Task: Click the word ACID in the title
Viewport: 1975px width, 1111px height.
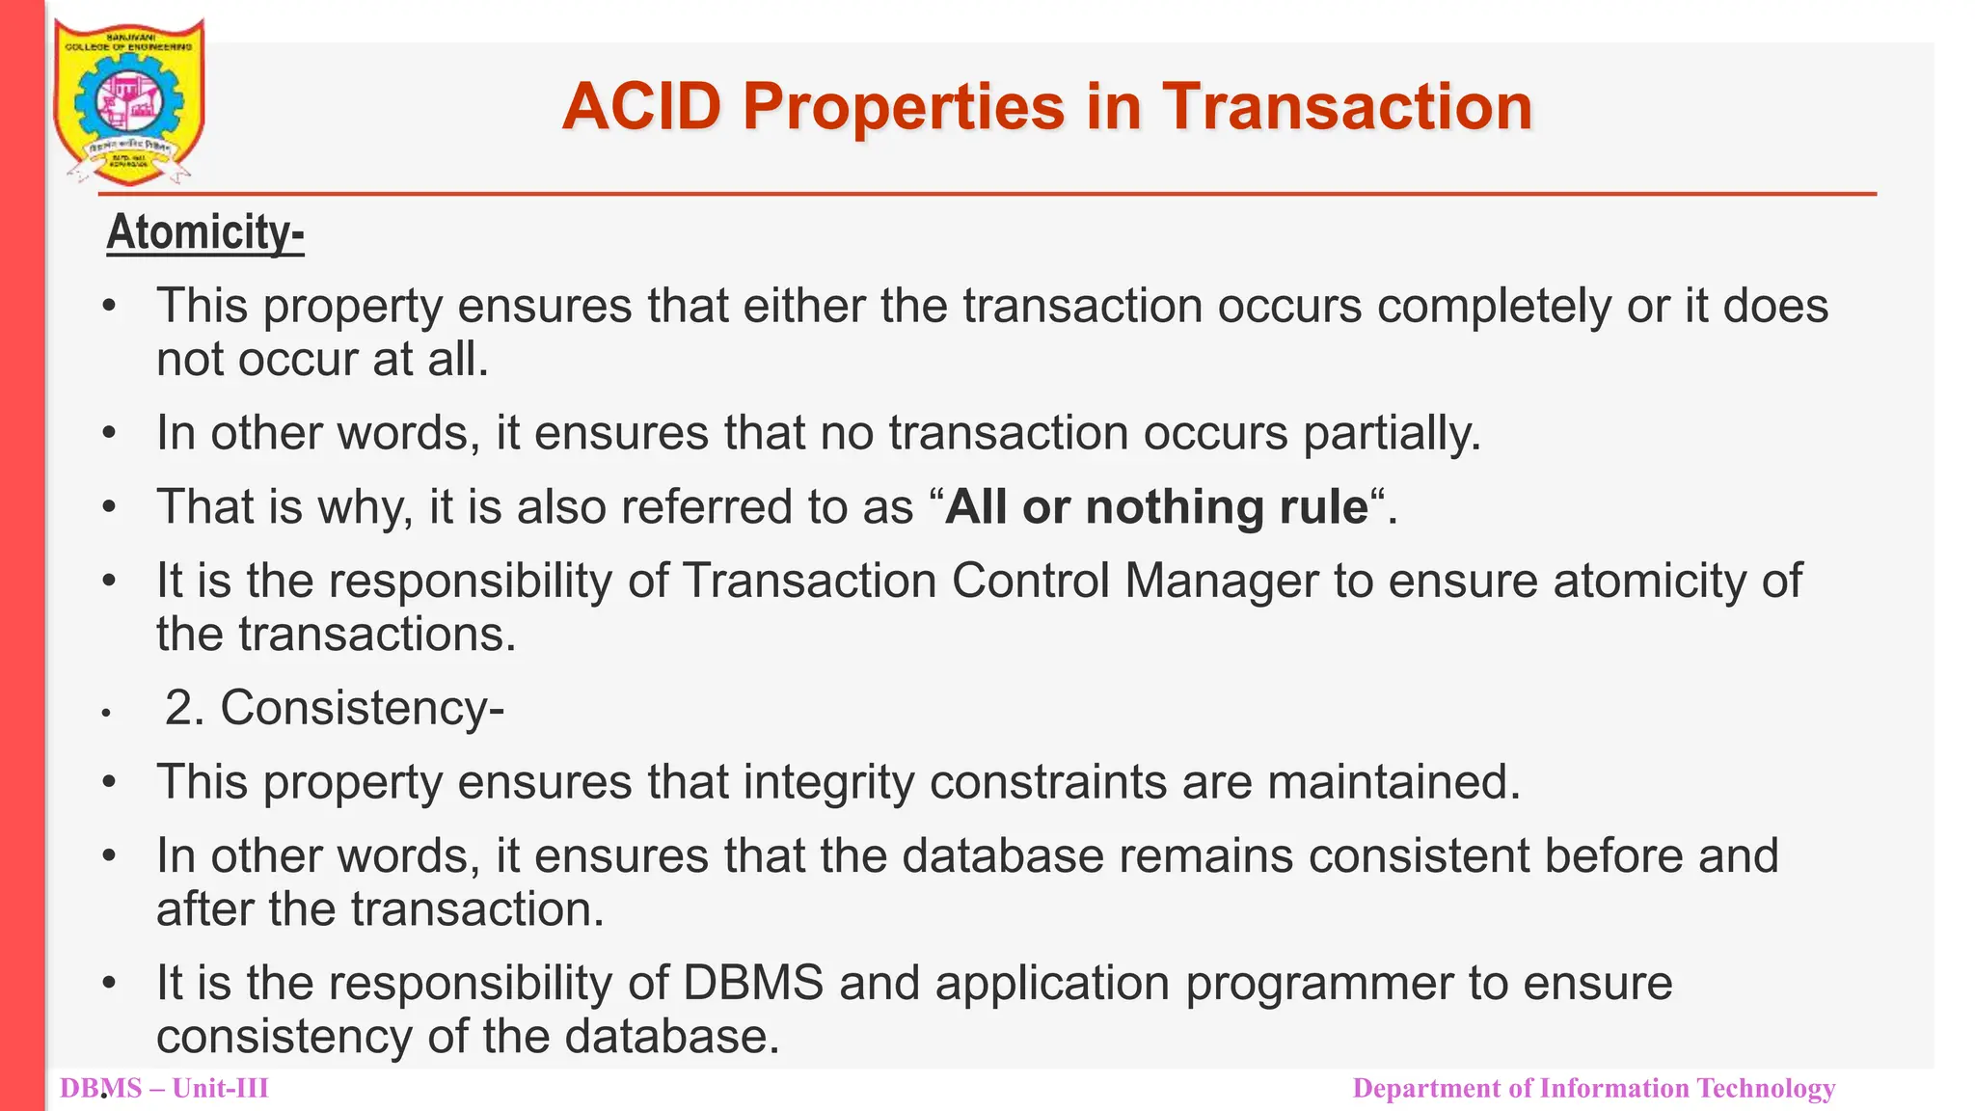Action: tap(641, 106)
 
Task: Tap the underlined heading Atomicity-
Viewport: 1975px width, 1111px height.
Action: tap(204, 232)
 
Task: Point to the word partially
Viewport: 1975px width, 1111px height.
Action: tap(1392, 433)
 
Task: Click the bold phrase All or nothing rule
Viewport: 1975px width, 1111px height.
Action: tap(1156, 507)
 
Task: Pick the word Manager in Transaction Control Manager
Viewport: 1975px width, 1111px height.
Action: tap(1221, 581)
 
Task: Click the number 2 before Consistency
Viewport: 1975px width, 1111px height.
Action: tap(177, 708)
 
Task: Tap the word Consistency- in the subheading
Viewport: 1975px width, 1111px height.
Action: tap(362, 708)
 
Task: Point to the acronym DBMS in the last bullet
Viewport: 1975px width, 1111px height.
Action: tap(753, 983)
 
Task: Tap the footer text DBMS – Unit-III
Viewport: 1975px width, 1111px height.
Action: tap(164, 1089)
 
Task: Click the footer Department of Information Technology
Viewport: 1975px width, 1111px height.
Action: tap(1593, 1089)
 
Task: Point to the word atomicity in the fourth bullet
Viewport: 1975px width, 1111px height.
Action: tap(1663, 581)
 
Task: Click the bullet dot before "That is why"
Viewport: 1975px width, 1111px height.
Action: tap(110, 507)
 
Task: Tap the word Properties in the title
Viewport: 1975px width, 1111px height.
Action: tap(904, 106)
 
